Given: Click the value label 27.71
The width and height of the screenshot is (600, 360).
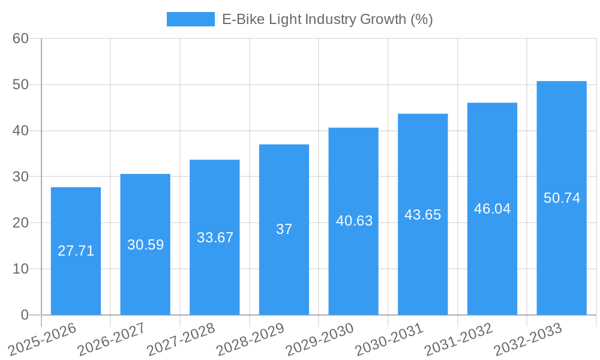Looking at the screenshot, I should point(76,251).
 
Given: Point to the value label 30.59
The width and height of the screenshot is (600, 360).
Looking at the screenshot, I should point(145,245).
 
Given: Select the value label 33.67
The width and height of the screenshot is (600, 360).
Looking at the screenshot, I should point(215,238).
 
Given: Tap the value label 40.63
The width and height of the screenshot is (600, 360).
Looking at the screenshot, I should point(354,221).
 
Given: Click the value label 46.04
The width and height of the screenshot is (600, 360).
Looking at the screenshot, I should point(492,209).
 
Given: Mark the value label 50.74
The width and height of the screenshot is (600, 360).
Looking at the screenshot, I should point(562,198).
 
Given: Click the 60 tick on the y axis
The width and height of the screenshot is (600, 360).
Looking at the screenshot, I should point(21,38).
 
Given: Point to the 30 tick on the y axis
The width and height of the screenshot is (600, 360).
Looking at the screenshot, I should point(21,176).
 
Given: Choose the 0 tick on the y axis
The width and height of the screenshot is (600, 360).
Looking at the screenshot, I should point(25,314).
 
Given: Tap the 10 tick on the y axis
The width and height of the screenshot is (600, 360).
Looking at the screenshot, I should point(21,269).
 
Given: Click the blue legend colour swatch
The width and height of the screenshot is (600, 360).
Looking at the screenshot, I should point(190,19).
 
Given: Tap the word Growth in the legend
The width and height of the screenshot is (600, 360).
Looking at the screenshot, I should point(382,19).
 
